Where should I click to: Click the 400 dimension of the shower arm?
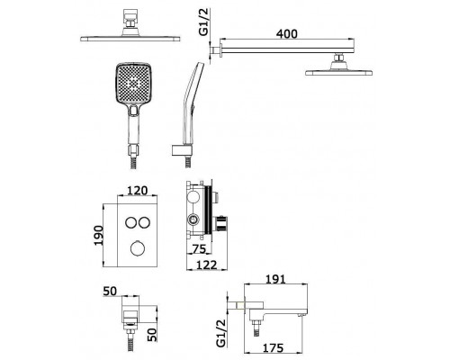pyautogui.click(x=287, y=33)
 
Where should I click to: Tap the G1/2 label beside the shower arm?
pyautogui.click(x=204, y=22)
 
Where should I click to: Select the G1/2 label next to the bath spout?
pyautogui.click(x=220, y=333)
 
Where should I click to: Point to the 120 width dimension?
pyautogui.click(x=137, y=191)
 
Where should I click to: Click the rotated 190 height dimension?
pyautogui.click(x=99, y=236)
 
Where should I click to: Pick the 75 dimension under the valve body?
pyautogui.click(x=199, y=248)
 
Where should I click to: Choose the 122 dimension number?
pyautogui.click(x=206, y=265)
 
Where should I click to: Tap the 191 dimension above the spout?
pyautogui.click(x=275, y=279)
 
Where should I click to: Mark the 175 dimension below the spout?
pyautogui.click(x=273, y=347)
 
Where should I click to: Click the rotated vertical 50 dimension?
pyautogui.click(x=152, y=335)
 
